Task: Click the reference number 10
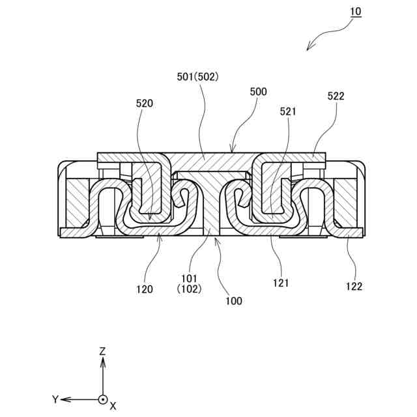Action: pyautogui.click(x=354, y=12)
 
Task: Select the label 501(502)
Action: pyautogui.click(x=197, y=76)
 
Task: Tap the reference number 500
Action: pyautogui.click(x=259, y=93)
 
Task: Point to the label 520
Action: pyautogui.click(x=145, y=103)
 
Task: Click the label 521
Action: pyautogui.click(x=288, y=111)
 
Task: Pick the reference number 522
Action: pyautogui.click(x=336, y=96)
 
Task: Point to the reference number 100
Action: pyautogui.click(x=233, y=301)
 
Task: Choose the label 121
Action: pyautogui.click(x=281, y=283)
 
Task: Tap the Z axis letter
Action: pyautogui.click(x=102, y=351)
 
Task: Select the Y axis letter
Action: pyautogui.click(x=56, y=399)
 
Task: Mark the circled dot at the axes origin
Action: pyautogui.click(x=102, y=399)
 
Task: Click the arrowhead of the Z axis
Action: pyautogui.click(x=102, y=361)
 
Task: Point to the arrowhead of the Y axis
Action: pyautogui.click(x=66, y=399)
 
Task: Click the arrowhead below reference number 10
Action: pyautogui.click(x=309, y=48)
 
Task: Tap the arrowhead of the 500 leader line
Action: pyautogui.click(x=233, y=152)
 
